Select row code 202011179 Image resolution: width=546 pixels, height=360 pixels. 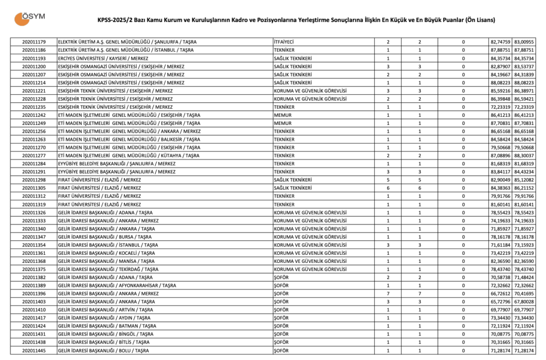pyautogui.click(x=34, y=42)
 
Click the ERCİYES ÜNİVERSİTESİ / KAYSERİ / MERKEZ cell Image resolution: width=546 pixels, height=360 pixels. pyautogui.click(x=103, y=58)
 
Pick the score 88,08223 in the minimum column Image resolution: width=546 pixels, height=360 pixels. pyautogui.click(x=501, y=83)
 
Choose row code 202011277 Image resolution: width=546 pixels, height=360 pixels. pyautogui.click(x=34, y=155)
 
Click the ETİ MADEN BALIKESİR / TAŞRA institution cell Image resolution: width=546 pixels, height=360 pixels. pyautogui.click(x=129, y=139)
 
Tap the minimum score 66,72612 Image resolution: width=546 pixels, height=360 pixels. pyautogui.click(x=501, y=294)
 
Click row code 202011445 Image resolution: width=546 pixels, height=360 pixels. pyautogui.click(x=34, y=350)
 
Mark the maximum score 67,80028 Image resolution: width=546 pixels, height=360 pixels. pyautogui.click(x=524, y=302)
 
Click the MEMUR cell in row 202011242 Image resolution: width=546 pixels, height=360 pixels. pyautogui.click(x=283, y=115)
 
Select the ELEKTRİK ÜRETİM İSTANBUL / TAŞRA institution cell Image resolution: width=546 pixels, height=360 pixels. pyautogui.click(x=125, y=50)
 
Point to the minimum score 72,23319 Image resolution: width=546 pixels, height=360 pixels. pyautogui.click(x=501, y=107)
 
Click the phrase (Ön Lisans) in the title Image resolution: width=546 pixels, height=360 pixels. pyautogui.click(x=479, y=21)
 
